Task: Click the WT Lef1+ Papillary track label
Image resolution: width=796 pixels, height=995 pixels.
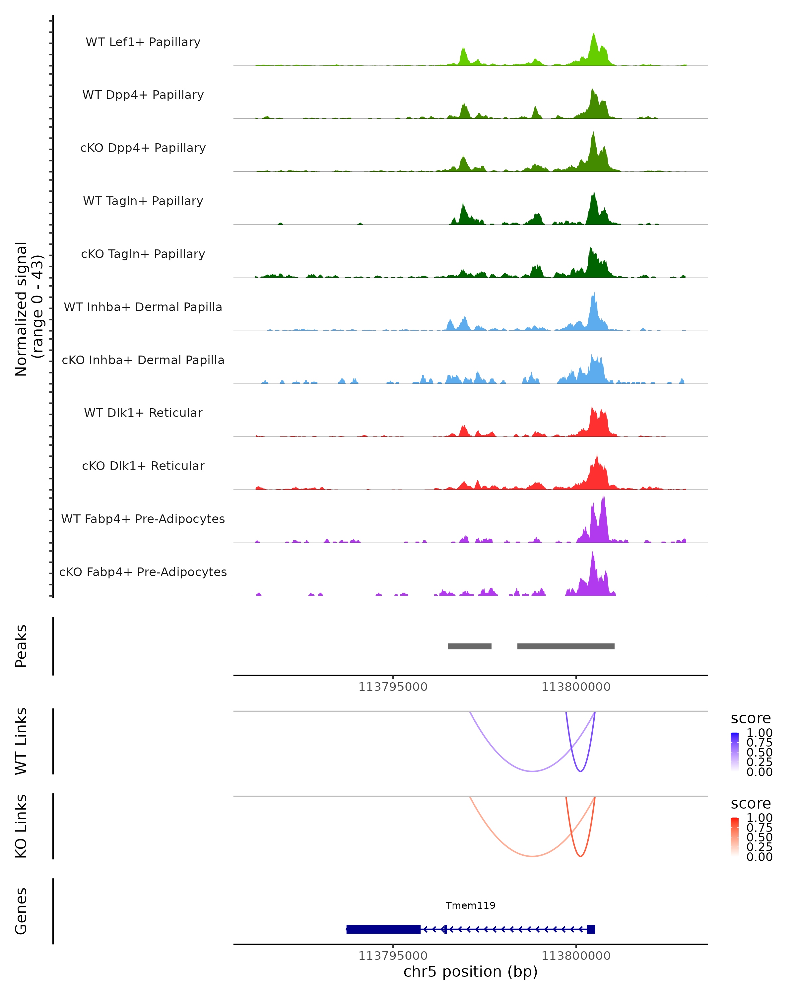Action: point(143,42)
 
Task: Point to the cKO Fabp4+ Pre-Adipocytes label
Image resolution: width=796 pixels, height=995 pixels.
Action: point(143,572)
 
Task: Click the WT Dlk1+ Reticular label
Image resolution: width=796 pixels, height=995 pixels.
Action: point(143,413)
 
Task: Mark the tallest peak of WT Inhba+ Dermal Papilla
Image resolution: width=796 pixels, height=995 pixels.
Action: point(594,294)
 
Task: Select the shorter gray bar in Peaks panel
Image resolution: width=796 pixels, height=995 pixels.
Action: point(469,646)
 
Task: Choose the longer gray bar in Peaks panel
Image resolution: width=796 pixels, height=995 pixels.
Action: point(566,646)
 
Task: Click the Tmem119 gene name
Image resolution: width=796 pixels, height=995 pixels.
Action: point(470,905)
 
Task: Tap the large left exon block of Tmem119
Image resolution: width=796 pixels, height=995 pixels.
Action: point(383,929)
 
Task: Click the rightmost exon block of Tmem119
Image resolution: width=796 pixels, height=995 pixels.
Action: point(591,929)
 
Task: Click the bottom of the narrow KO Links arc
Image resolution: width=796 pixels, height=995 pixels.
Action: point(580,856)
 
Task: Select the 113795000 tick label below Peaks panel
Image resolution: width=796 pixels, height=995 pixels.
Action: point(393,687)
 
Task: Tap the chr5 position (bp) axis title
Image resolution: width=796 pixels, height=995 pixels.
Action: point(470,972)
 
